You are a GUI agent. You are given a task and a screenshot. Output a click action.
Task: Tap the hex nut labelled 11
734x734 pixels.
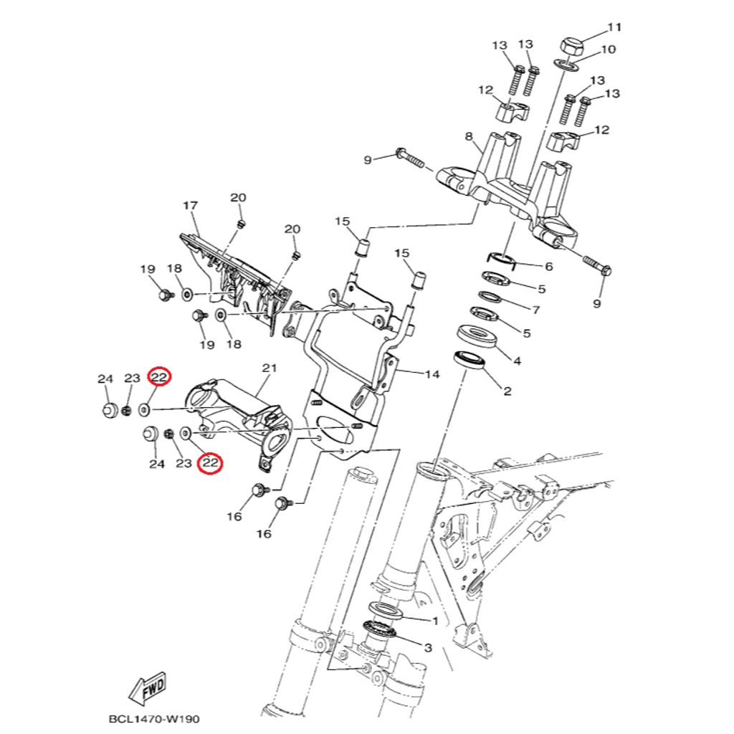coord(572,46)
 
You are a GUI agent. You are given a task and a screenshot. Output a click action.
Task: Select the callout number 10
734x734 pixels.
coord(607,49)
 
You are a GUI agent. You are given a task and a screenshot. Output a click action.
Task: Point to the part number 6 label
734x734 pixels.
coord(548,267)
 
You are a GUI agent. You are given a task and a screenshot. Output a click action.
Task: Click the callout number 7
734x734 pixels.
coord(535,310)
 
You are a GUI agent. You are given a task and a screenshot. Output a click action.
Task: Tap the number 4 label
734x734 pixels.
coord(517,361)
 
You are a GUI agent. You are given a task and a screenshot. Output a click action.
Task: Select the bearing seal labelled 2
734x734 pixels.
coord(470,360)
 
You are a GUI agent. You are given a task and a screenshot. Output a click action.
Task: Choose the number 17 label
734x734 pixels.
coord(190,206)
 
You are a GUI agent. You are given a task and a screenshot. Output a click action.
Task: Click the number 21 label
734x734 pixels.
coord(269,368)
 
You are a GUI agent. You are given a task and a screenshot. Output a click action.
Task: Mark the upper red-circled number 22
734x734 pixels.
coord(158,377)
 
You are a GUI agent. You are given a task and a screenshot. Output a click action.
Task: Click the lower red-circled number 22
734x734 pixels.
coord(210,463)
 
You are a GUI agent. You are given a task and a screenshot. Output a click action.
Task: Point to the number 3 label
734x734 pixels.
coord(428,648)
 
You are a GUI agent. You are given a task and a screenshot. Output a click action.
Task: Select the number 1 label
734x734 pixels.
coord(434,620)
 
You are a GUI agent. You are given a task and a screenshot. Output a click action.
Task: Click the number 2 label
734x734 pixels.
coord(507,391)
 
